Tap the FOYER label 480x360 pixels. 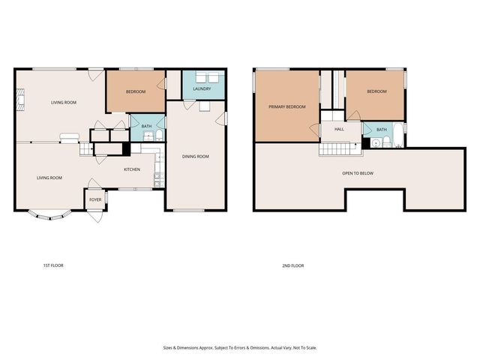pos(95,199)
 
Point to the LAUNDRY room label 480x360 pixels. pos(202,89)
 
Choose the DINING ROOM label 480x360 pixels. pos(195,156)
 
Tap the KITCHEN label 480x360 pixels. pos(132,169)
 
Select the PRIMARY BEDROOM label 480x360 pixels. pos(287,107)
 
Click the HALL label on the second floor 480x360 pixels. pos(339,129)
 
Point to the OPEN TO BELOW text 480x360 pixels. pos(358,173)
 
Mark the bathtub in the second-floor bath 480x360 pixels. pos(397,138)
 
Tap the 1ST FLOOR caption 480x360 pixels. pos(53,265)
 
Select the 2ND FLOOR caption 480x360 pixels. pos(292,265)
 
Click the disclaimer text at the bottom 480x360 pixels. pos(239,347)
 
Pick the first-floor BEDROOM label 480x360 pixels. pos(135,91)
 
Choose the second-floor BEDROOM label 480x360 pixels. pos(376,91)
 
